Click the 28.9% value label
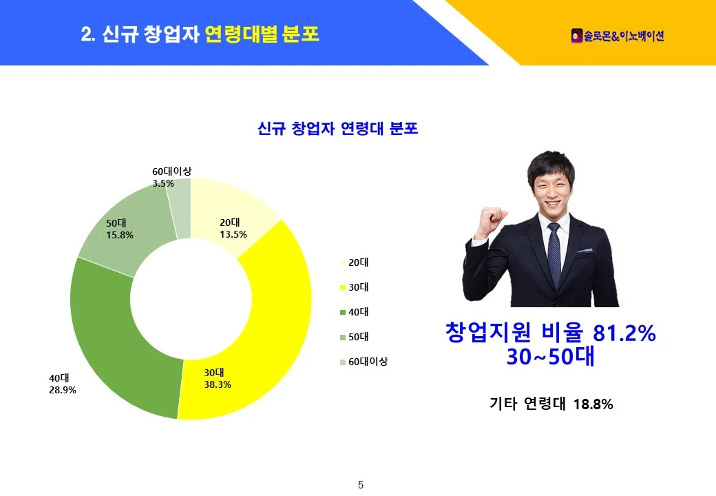click(x=63, y=390)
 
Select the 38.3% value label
click(x=218, y=384)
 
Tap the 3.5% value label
click(x=163, y=184)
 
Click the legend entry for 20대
click(x=355, y=262)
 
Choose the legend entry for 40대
click(x=355, y=312)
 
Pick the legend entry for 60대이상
click(x=364, y=362)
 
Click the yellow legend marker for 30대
click(x=342, y=288)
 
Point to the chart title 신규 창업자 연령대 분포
click(x=338, y=128)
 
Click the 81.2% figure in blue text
click(x=624, y=333)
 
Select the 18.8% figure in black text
click(x=593, y=404)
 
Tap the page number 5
click(x=361, y=485)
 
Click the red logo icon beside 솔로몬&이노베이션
click(x=577, y=36)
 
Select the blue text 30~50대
click(x=551, y=357)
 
